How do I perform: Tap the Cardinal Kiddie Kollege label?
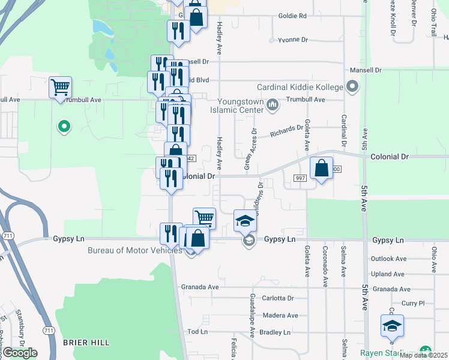(x=300, y=88)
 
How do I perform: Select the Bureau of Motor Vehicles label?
(x=135, y=250)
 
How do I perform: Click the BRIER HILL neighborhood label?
(x=86, y=342)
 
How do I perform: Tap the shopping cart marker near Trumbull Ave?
(x=60, y=88)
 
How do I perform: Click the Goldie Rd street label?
(x=292, y=16)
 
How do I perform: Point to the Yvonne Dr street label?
(x=292, y=40)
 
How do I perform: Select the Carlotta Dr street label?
(x=277, y=298)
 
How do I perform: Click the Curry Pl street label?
(x=413, y=304)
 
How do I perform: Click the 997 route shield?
(x=301, y=178)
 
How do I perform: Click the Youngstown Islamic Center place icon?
(x=273, y=106)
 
